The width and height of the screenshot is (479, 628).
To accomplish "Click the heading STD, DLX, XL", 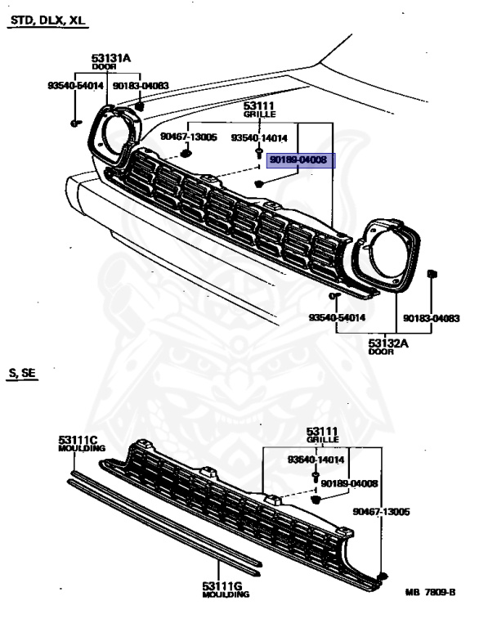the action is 47,20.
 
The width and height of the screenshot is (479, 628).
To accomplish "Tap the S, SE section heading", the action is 22,373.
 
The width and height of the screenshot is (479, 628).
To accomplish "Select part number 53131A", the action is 111,59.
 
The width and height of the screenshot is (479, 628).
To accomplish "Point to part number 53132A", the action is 388,343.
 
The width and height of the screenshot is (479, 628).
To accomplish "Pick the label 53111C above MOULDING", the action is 78,441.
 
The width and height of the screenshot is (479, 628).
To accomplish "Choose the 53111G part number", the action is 222,586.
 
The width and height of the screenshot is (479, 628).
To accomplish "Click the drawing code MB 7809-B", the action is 430,592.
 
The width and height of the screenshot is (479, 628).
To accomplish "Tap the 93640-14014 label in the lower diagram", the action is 316,460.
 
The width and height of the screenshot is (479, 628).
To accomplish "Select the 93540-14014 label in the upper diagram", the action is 259,137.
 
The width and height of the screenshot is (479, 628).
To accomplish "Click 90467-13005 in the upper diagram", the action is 189,137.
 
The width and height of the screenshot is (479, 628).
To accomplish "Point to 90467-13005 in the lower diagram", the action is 381,511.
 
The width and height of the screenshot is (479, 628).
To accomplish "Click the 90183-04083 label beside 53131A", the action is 141,86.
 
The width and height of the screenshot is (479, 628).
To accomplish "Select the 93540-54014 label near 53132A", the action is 337,317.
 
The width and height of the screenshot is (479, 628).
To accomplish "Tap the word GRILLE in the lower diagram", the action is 322,440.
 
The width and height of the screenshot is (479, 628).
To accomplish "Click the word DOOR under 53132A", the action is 381,352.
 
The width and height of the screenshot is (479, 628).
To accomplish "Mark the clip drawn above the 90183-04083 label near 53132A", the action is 432,275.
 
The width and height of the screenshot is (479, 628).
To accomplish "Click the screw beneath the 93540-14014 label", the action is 259,152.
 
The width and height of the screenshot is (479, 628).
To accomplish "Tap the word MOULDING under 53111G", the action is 226,594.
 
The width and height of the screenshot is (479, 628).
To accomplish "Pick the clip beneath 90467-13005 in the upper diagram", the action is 186,154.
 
